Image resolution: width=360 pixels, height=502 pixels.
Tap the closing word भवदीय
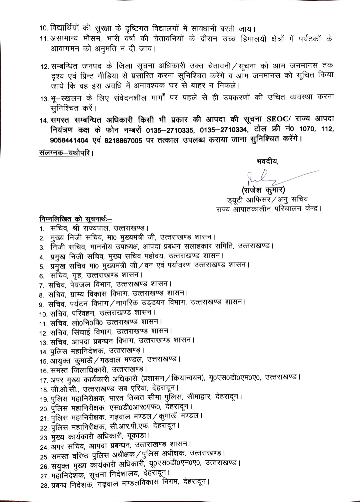pyautogui.click(x=267, y=162)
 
